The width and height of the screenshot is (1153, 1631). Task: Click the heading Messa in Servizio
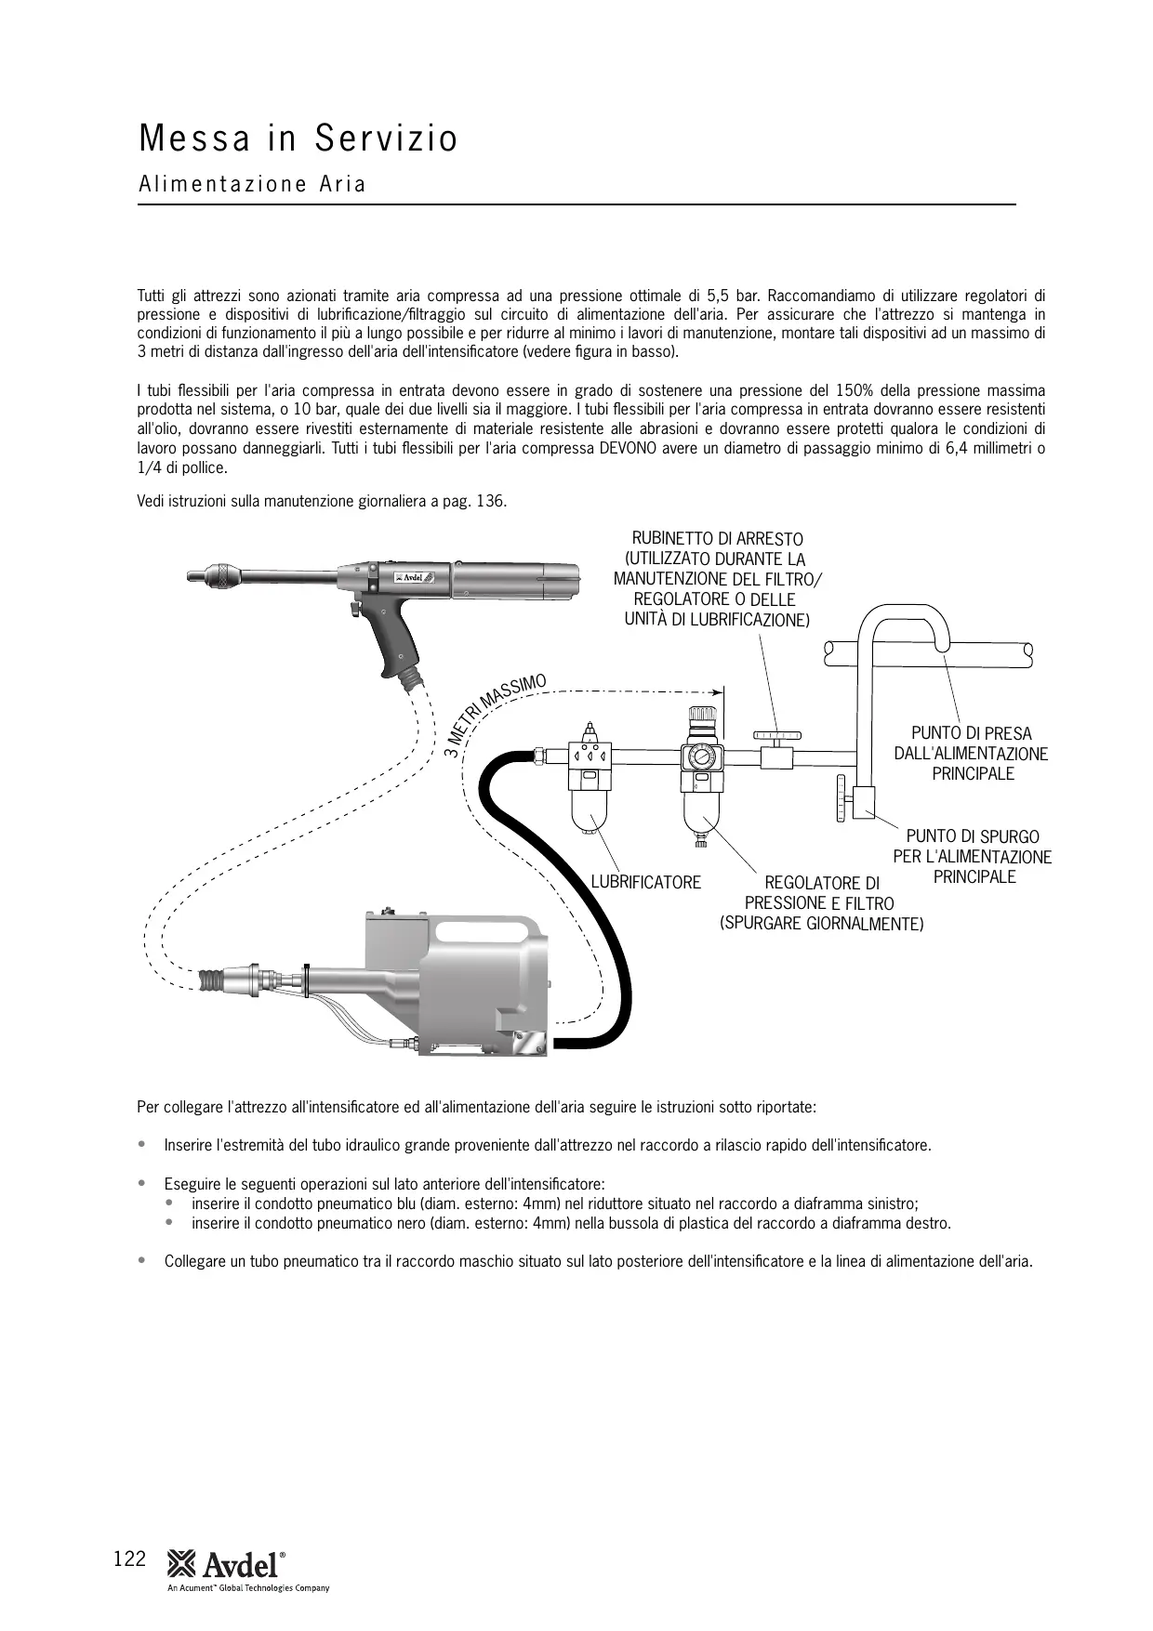pos(298,138)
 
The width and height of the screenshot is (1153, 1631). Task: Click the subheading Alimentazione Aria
pos(252,184)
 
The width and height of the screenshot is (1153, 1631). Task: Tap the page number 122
pos(129,1559)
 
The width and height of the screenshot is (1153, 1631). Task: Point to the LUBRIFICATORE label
pos(646,882)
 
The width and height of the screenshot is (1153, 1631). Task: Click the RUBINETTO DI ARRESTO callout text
pos(717,578)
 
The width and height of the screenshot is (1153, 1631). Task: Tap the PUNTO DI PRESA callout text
pos(971,753)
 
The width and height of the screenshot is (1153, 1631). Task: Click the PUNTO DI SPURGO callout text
pos(973,856)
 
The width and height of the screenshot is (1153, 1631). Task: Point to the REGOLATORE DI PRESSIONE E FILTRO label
pos(821,903)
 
